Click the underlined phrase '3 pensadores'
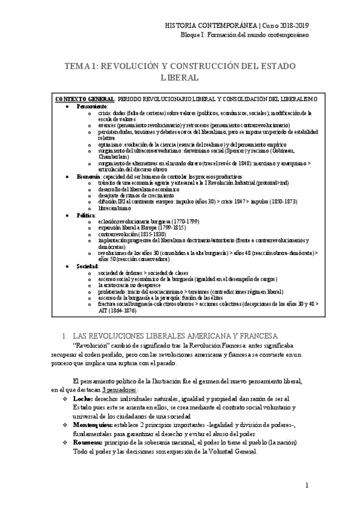tap(118, 390)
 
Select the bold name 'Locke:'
tap(84, 399)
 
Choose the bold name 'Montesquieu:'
tap(97, 425)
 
